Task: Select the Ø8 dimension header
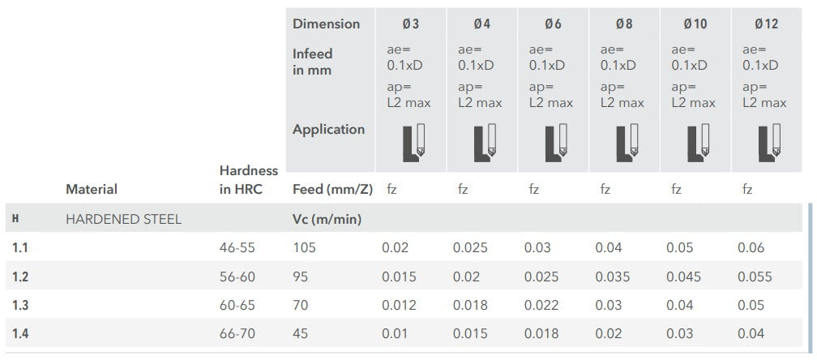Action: tap(624, 24)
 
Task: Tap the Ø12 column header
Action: tap(766, 24)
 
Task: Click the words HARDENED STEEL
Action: tap(123, 219)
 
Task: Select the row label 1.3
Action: tap(20, 305)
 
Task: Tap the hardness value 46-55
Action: tap(237, 248)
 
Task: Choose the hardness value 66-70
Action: tap(237, 333)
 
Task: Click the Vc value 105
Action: tap(304, 248)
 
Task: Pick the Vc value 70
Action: tap(300, 305)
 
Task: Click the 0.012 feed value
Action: tap(399, 305)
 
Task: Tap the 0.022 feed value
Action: tap(541, 305)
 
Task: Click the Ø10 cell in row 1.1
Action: tap(680, 248)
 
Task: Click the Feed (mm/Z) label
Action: tap(332, 190)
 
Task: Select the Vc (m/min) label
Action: tap(327, 219)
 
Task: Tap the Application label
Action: tap(328, 130)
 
